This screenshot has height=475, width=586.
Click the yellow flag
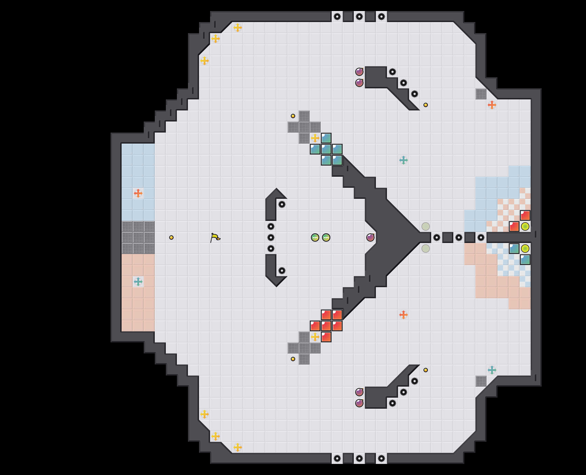[215, 237]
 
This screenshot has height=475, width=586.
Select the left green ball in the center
[315, 237]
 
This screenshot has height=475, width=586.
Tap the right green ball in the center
[326, 237]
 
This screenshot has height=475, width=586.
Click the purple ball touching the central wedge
[370, 237]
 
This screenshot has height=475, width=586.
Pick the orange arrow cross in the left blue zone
[138, 193]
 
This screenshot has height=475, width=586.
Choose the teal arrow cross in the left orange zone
[138, 282]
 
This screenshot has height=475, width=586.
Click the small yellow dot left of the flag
[171, 237]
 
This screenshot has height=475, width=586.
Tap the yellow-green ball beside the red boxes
[525, 226]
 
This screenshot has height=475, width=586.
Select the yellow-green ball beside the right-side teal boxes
[525, 249]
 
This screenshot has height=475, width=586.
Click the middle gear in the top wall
[359, 17]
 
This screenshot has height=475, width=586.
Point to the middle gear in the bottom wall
[359, 458]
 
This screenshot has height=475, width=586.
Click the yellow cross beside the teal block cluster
[315, 138]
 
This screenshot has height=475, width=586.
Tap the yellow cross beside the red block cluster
[315, 337]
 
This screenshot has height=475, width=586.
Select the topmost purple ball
[359, 72]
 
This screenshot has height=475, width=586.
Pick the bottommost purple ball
[359, 403]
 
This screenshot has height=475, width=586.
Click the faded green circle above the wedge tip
[426, 226]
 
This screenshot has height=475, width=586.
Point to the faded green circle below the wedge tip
[426, 249]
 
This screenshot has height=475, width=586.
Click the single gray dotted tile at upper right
[481, 94]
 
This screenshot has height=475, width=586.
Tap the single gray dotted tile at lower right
[481, 381]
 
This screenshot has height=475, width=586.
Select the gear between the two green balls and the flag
[271, 237]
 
